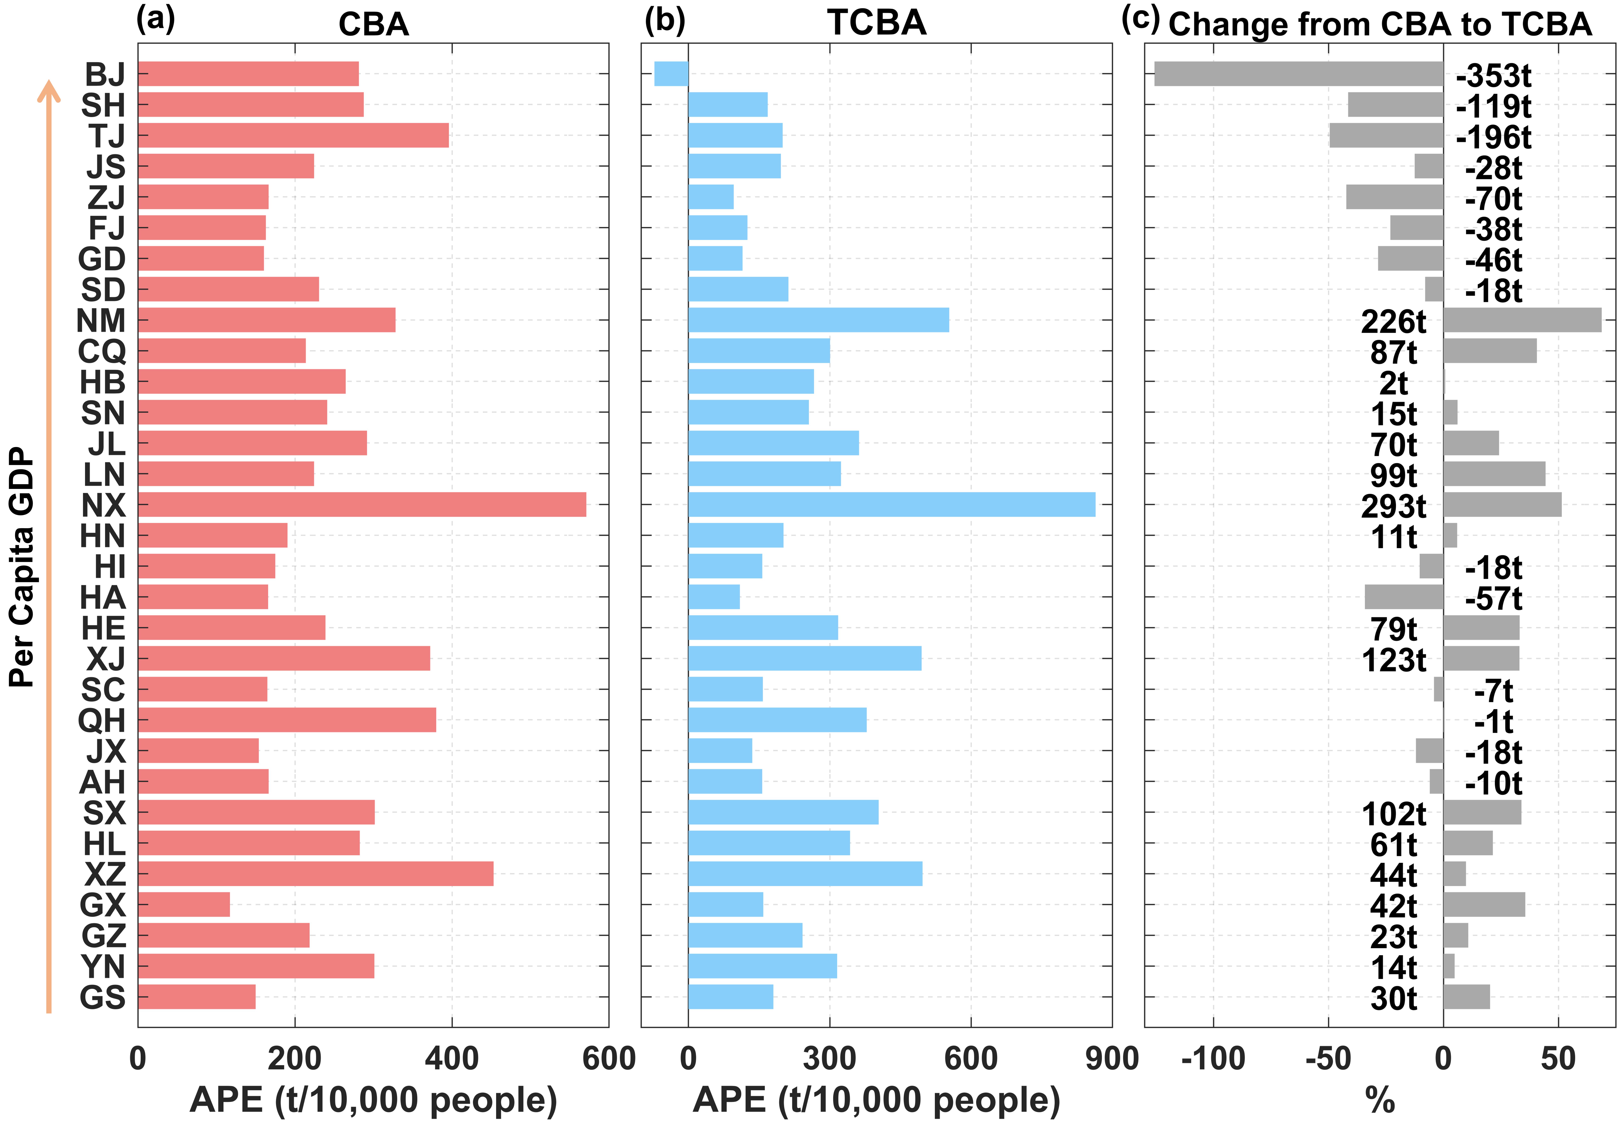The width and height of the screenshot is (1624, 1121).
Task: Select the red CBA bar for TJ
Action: coord(293,135)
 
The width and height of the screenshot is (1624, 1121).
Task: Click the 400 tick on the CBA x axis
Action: coord(452,1058)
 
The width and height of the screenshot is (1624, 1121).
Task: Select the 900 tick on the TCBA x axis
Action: coord(1112,1058)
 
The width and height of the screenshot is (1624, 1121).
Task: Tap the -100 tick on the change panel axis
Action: coord(1213,1058)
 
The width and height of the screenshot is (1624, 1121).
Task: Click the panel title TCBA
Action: coord(877,23)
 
